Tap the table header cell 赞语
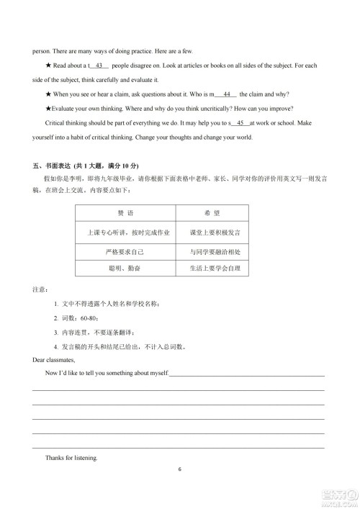126,214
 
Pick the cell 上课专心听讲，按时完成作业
126,233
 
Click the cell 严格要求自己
126,251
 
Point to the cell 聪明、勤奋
126,269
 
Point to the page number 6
180,470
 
